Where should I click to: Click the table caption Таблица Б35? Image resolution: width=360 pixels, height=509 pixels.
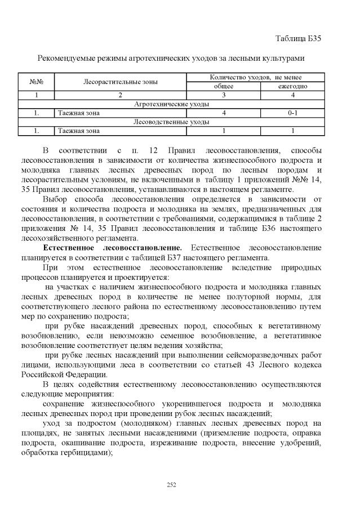click(x=298, y=38)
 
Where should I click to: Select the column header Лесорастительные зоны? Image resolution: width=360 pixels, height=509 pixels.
click(x=120, y=82)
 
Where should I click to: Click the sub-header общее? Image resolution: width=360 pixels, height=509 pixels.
click(x=223, y=86)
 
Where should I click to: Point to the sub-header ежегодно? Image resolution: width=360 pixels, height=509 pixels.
click(x=292, y=86)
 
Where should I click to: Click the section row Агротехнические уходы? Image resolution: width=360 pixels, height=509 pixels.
click(x=171, y=104)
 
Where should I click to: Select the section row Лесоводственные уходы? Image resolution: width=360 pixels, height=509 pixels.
click(x=171, y=122)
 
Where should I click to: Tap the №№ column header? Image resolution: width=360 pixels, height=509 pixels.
click(x=36, y=82)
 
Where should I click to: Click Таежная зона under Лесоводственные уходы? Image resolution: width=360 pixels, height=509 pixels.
click(x=78, y=131)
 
